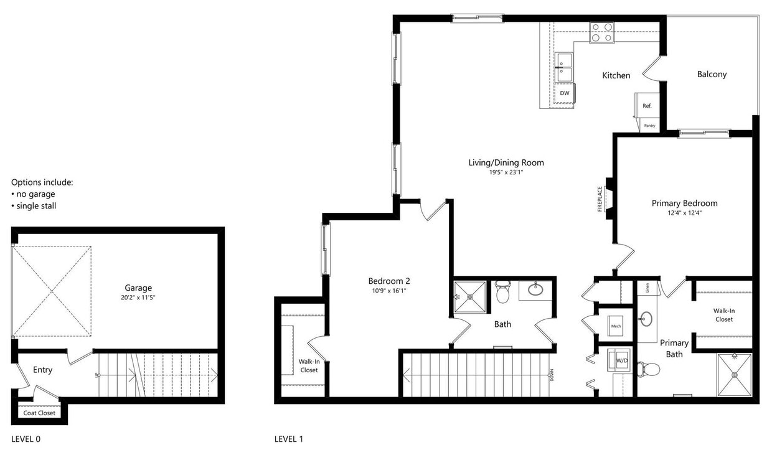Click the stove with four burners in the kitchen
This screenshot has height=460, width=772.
601,32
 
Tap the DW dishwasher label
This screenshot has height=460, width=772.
565,93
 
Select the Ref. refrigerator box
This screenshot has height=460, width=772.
647,106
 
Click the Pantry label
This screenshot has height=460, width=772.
649,126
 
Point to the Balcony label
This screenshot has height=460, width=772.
712,74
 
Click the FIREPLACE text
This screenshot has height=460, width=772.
600,199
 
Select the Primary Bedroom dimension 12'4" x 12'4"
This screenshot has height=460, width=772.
684,213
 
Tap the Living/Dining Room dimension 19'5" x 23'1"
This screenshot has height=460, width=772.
506,172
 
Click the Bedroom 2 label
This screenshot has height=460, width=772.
388,281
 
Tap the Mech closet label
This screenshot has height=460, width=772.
616,326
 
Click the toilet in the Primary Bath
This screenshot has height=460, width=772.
649,369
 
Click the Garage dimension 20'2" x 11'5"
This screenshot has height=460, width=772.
138,298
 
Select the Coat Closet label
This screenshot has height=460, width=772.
39,413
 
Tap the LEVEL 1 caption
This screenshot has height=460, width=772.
289,439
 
